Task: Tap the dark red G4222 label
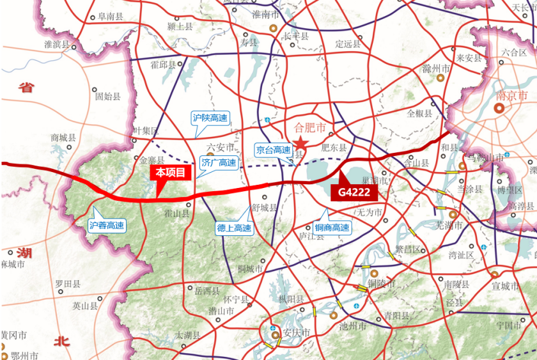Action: tap(354, 191)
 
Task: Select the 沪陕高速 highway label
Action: tap(210, 118)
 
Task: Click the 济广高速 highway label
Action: tap(219, 162)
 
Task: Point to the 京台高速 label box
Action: tap(273, 150)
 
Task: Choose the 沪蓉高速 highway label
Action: tap(107, 225)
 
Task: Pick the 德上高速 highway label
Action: tap(234, 228)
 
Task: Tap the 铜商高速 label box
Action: tap(332, 228)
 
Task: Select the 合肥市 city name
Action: tap(309, 127)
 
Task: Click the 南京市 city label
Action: tap(511, 96)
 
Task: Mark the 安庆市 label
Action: tap(296, 333)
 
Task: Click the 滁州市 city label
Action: tap(437, 68)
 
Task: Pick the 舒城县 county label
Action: tap(264, 207)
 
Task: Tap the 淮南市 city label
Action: tap(265, 14)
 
